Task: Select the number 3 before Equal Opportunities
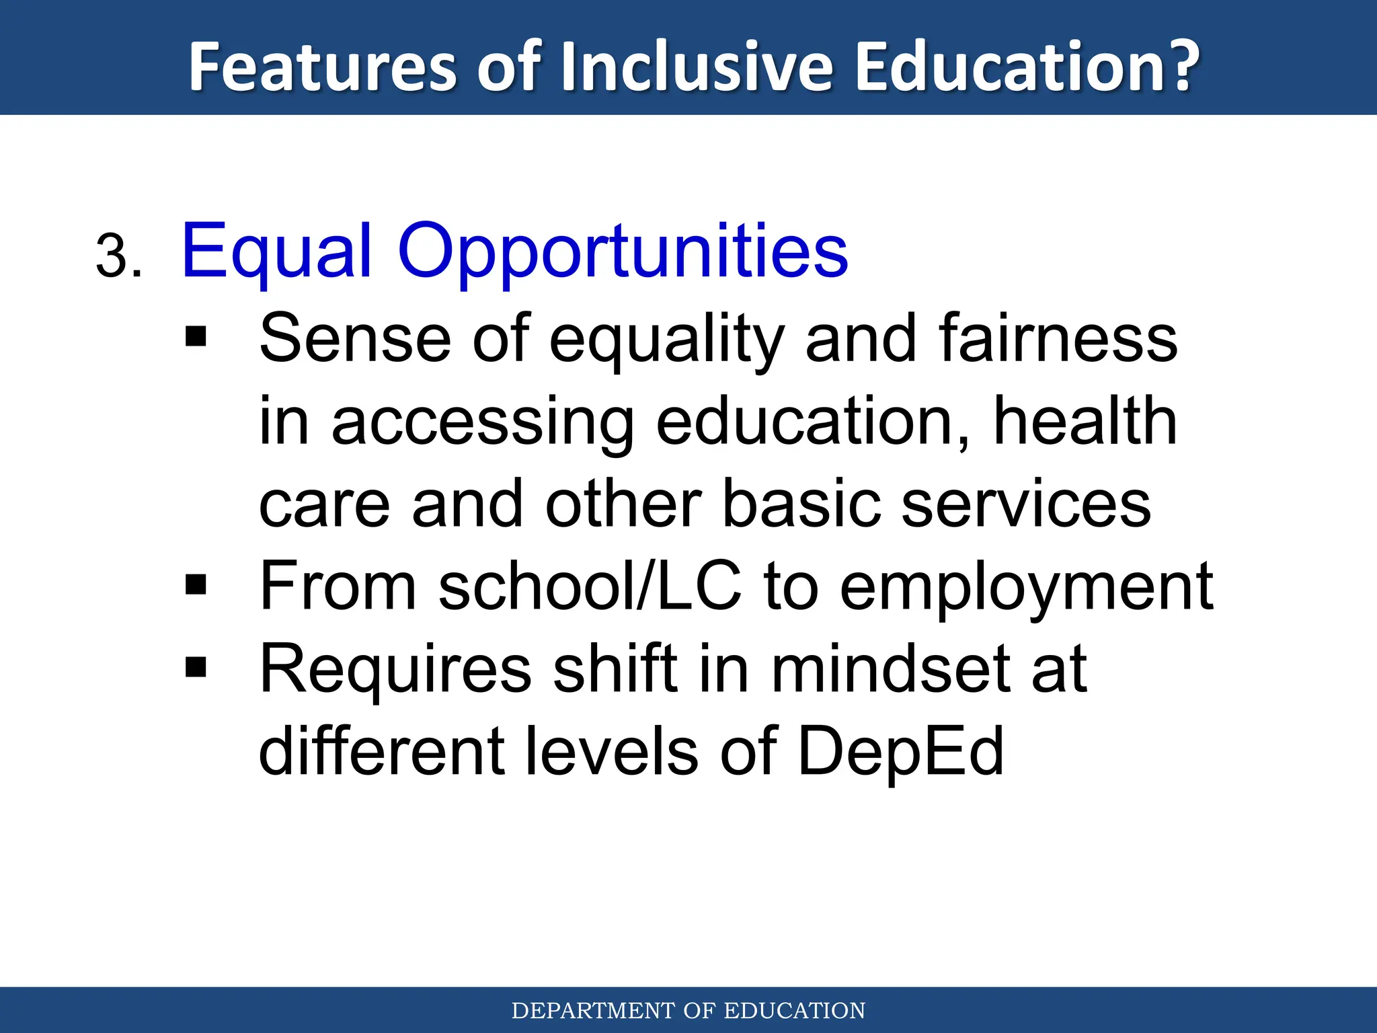[113, 257]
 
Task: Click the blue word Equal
[276, 252]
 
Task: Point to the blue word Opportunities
[623, 252]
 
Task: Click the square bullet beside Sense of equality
[196, 337]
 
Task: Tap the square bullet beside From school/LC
[196, 585]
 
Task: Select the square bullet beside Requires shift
[196, 668]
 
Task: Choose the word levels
[611, 752]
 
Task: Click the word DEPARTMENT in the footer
[593, 1011]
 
